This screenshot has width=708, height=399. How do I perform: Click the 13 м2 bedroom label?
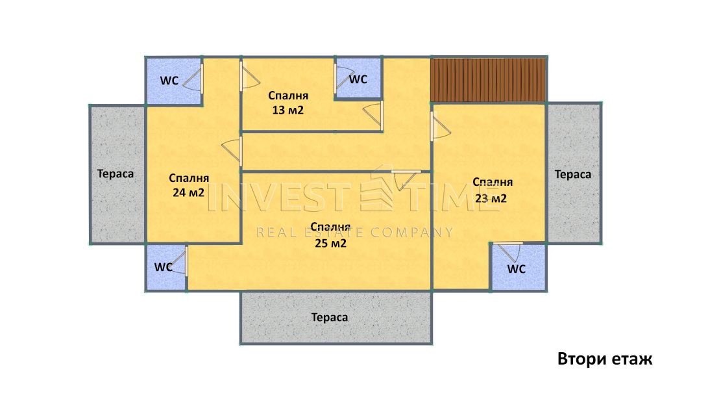tap(288, 103)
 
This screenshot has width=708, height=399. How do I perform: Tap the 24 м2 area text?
tap(189, 185)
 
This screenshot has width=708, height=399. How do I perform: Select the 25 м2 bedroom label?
tap(330, 235)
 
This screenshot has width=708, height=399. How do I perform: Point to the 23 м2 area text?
tap(492, 190)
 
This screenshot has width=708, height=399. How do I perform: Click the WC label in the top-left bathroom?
tap(169, 81)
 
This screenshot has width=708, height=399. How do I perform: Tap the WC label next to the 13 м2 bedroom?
tap(358, 79)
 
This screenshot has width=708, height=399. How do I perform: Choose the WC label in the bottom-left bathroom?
tap(164, 267)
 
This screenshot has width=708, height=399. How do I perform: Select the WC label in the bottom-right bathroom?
tap(517, 269)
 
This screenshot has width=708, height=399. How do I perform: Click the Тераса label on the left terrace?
tap(116, 174)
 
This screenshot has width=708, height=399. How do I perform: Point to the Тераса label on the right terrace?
tap(573, 174)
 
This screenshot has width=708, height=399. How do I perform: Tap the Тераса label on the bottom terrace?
tap(330, 317)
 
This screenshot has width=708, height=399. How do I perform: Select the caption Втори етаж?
tap(605, 359)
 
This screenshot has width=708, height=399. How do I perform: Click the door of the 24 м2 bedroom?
tap(232, 149)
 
